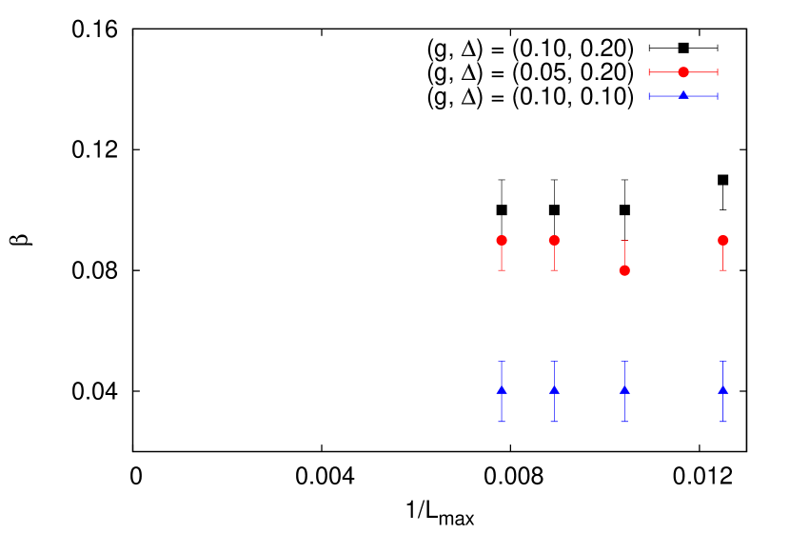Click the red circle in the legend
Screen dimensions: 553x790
tap(683, 72)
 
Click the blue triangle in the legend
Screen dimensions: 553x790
tap(683, 95)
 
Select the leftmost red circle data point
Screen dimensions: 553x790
tap(502, 240)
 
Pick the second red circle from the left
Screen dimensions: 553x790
tap(554, 240)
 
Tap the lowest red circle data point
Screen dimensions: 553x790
tap(624, 270)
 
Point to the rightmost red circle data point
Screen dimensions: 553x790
tap(722, 240)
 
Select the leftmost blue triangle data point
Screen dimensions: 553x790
tap(502, 389)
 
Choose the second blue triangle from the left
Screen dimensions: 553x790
tap(554, 389)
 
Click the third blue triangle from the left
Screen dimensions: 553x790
tap(624, 389)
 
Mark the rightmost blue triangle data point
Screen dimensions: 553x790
tap(722, 389)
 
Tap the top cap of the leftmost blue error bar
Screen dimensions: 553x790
tap(502, 361)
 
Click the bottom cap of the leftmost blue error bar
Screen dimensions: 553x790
tap(502, 421)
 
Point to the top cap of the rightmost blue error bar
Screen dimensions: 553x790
tap(722, 361)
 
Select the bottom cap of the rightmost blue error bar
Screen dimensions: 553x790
tap(722, 421)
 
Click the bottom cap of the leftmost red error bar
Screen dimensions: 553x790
tap(502, 270)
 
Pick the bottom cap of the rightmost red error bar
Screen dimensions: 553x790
tap(722, 270)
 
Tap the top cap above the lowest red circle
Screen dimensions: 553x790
tap(624, 241)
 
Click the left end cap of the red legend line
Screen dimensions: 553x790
tap(650, 72)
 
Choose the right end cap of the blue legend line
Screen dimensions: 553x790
tap(718, 96)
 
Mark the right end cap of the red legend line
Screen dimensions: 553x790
tap(718, 72)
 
